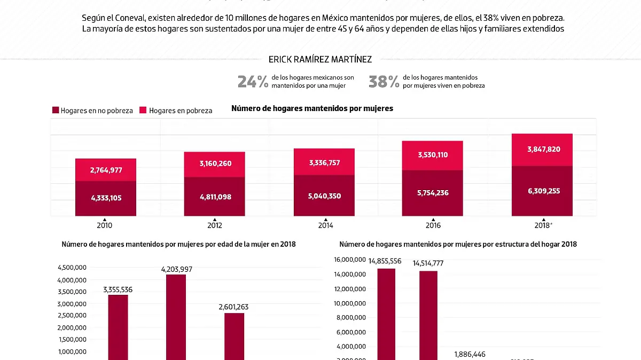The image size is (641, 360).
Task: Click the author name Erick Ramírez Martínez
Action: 320,59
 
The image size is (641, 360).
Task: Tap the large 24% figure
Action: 253,82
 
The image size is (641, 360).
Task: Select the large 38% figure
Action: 384,82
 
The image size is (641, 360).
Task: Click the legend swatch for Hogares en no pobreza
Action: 56,111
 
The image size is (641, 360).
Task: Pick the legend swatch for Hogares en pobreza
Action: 143,111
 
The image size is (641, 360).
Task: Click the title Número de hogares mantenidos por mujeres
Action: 312,108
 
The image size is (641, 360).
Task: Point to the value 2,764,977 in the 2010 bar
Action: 106,170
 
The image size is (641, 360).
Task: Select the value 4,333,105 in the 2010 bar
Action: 106,198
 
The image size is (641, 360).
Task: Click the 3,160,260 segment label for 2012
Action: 214,163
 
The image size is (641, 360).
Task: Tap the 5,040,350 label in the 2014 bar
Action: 324,196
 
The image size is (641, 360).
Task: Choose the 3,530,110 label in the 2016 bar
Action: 433,155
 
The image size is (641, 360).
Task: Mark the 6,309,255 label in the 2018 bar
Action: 543,191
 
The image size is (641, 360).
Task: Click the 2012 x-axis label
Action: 214,225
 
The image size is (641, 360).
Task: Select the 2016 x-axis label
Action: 433,225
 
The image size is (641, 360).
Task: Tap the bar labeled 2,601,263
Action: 233,336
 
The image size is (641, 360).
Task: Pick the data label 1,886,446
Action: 470,354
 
